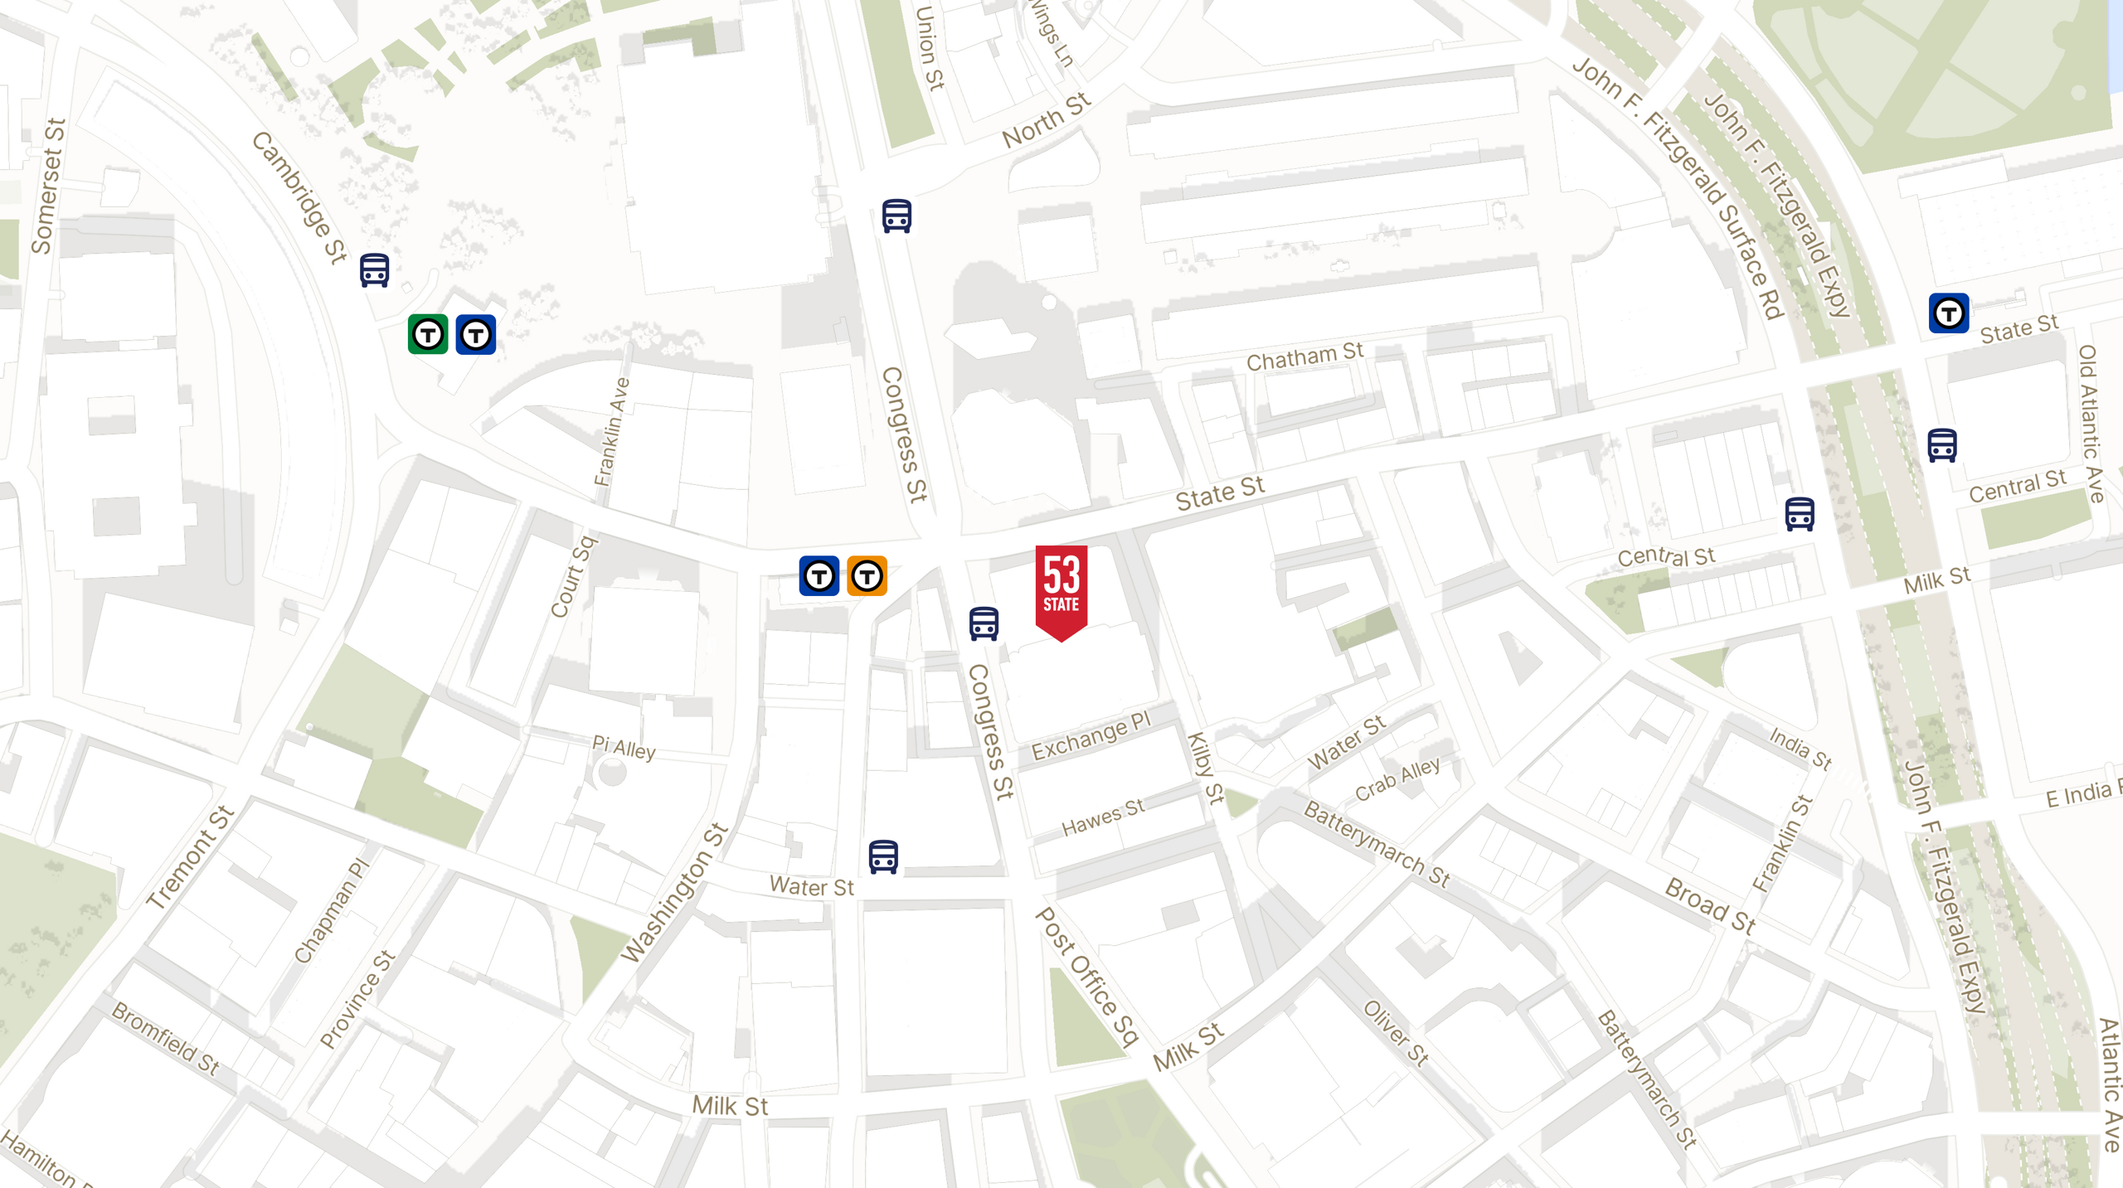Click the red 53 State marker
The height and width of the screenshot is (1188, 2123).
point(1061,589)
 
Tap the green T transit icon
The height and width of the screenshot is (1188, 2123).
point(428,334)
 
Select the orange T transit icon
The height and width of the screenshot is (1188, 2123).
point(867,575)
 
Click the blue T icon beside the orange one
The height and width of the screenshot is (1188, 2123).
point(819,575)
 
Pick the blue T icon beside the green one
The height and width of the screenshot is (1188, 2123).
point(476,334)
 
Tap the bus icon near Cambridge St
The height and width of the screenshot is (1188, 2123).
point(375,270)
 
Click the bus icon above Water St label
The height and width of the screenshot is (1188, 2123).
point(883,856)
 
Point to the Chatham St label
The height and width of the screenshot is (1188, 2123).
point(1304,357)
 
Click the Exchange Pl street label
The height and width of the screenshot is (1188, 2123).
point(1091,735)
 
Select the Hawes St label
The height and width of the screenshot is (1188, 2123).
point(1103,817)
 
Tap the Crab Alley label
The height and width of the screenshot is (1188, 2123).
point(1397,779)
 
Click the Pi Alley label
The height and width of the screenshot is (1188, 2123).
point(624,748)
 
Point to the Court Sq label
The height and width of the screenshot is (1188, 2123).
point(573,577)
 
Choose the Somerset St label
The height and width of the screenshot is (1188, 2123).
point(48,187)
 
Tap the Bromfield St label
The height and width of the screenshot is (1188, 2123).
point(165,1039)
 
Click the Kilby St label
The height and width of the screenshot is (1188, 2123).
point(1205,768)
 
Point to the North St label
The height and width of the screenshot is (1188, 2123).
point(1046,121)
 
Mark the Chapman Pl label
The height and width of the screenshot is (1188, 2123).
point(332,911)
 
